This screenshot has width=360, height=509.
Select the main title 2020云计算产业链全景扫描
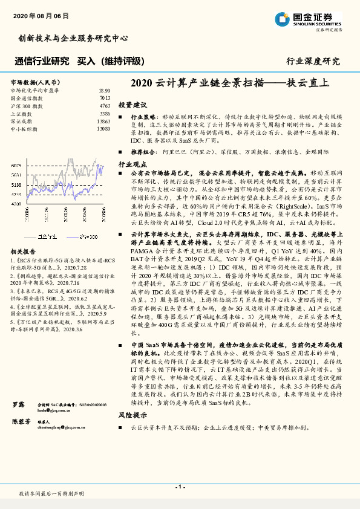pyautogui.click(x=230, y=84)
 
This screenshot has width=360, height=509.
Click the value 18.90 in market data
pyautogui.click(x=103, y=90)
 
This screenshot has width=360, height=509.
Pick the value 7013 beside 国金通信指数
pyautogui.click(x=105, y=97)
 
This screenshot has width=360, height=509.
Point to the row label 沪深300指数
pyautogui.click(x=25, y=105)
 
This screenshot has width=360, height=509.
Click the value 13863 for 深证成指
pyautogui.click(x=103, y=121)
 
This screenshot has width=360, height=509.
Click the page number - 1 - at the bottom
pyautogui.click(x=180, y=487)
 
